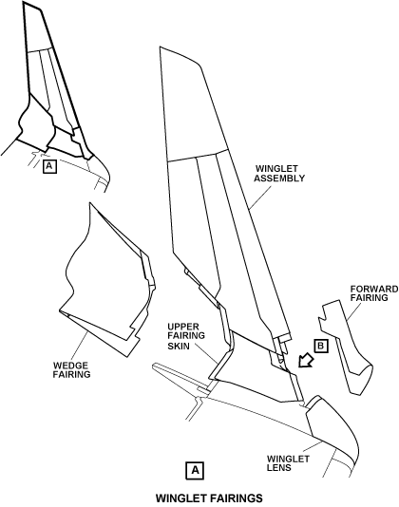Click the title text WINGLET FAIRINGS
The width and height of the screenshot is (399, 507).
pos(209,498)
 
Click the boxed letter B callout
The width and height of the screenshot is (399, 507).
pos(321,346)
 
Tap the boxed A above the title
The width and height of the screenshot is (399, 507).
pos(195,470)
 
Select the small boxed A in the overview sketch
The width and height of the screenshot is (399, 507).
pos(49,166)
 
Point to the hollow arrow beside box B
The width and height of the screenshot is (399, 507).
pos(306,360)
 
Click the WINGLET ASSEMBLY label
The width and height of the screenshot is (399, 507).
pos(279,174)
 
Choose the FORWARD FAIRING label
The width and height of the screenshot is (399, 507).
pos(374,293)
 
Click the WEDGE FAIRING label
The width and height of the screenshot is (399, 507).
pos(71,370)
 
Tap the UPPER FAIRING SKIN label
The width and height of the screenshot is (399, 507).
pos(186,336)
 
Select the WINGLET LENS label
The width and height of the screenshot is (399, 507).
pos(288,463)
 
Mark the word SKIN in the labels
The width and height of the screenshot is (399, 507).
pos(179,346)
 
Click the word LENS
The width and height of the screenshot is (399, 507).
pos(279,467)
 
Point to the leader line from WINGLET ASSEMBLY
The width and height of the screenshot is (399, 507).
pos(260,197)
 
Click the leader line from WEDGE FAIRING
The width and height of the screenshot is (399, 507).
pos(80,347)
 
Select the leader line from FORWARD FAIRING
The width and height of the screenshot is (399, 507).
pos(354,311)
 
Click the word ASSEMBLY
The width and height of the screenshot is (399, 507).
pos(279,178)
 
